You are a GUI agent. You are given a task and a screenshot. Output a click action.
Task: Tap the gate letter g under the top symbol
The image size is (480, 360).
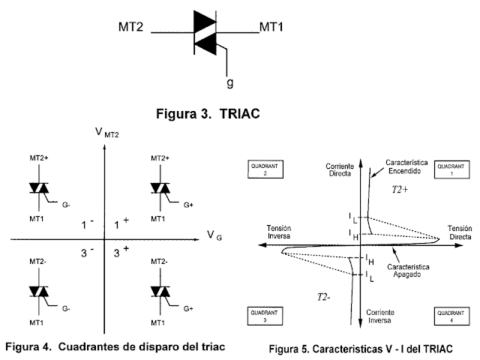click(x=230, y=81)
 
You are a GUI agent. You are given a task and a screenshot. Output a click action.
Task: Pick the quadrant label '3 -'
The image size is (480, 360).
click(x=88, y=253)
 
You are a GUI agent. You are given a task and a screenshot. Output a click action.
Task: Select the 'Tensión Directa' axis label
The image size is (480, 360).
click(x=457, y=232)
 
